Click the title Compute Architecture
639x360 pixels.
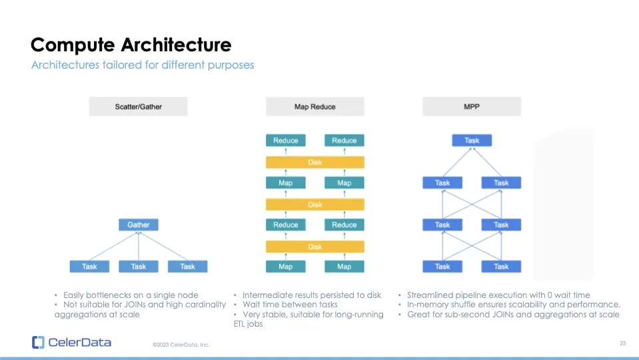[131, 45]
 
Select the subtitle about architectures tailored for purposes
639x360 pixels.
[143, 65]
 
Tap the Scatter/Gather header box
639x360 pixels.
[139, 107]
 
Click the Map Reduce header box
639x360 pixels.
[315, 107]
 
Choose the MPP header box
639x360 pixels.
[472, 107]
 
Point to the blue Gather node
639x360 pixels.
[139, 225]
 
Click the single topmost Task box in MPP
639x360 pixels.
[472, 141]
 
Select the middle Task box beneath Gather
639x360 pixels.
[139, 267]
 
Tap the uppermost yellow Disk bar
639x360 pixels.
[315, 162]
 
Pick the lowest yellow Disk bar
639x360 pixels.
[315, 246]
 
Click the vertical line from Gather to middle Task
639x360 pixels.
[139, 246]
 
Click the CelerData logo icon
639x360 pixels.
[38, 343]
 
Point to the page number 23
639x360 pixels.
[622, 343]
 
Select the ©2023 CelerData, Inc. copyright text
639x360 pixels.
[181, 345]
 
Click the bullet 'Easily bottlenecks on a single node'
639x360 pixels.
[130, 295]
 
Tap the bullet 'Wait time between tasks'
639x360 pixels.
[290, 305]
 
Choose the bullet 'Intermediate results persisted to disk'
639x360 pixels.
[312, 295]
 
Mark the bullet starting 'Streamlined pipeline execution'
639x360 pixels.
[498, 295]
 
